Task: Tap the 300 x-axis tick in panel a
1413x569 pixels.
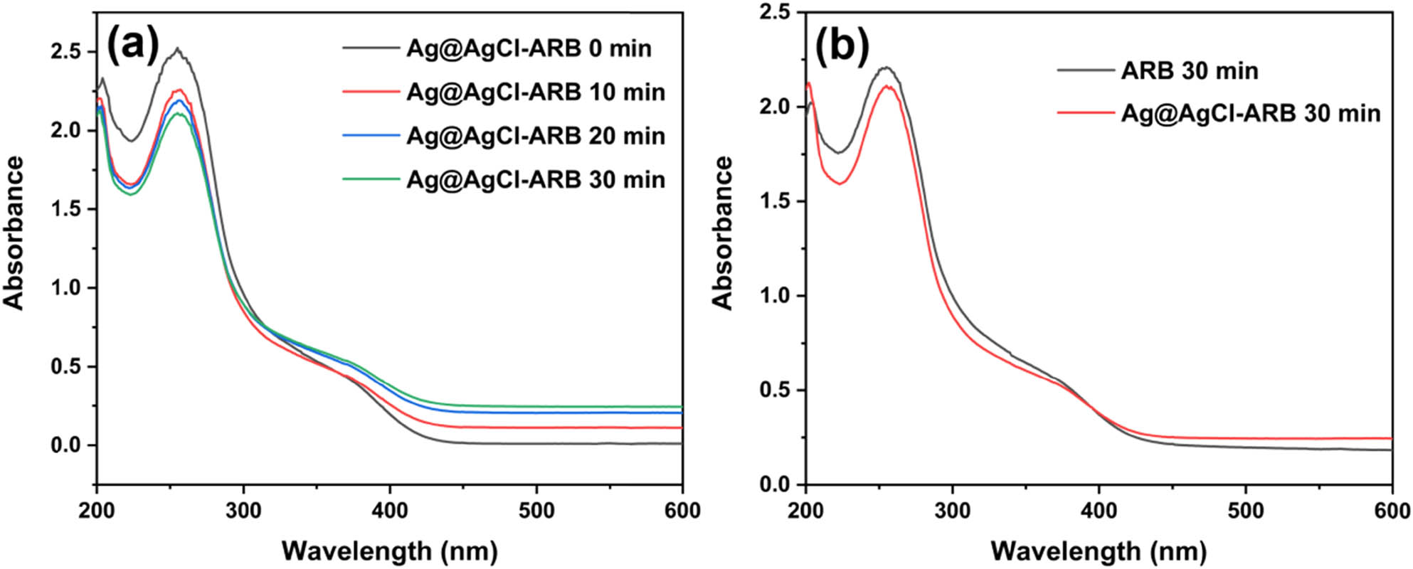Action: pyautogui.click(x=243, y=510)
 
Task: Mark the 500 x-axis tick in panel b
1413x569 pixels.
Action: pyautogui.click(x=1245, y=510)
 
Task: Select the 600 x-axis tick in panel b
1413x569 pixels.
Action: pyautogui.click(x=1391, y=510)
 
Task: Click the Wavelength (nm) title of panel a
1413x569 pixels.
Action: pyautogui.click(x=389, y=551)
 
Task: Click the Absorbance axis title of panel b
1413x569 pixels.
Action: pyautogui.click(x=723, y=233)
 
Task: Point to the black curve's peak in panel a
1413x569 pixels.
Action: pyautogui.click(x=177, y=49)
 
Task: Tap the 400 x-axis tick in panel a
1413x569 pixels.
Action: pyautogui.click(x=390, y=510)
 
